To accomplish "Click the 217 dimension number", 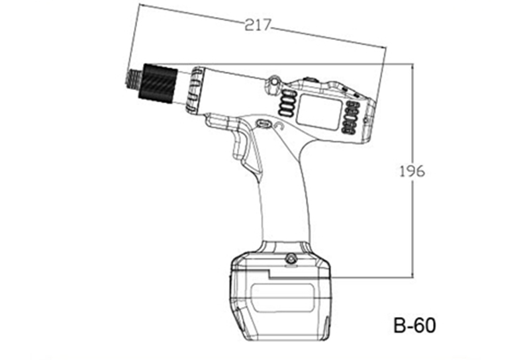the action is point(258,24).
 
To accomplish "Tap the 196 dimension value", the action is point(412,171).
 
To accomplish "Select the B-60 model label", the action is point(414,325).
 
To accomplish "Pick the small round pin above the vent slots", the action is point(275,81).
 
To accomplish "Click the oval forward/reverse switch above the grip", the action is point(263,123).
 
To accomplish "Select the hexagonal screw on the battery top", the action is point(291,259).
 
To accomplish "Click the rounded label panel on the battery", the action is point(283,298).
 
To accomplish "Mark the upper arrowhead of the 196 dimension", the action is point(413,66).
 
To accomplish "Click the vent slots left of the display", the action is point(287,104).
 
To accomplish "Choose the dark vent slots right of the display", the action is point(352,118).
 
